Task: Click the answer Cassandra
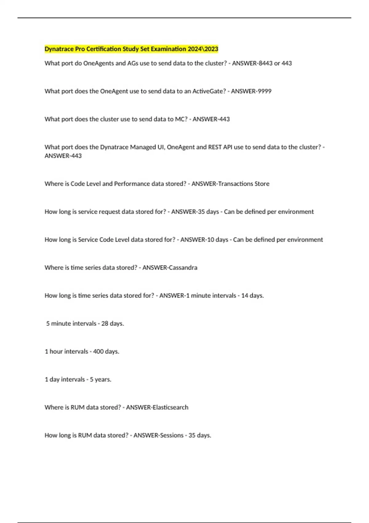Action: tap(183, 268)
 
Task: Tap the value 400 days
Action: tap(106, 352)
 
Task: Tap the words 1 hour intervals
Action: tap(66, 352)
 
